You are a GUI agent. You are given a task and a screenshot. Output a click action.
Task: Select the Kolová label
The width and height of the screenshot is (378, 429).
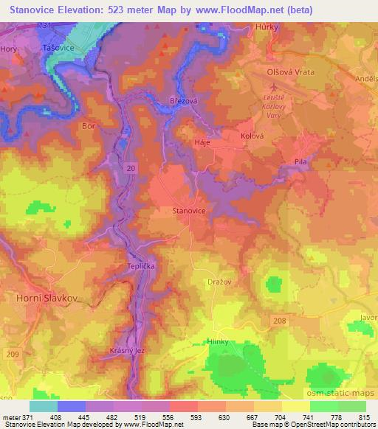point(252,137)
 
